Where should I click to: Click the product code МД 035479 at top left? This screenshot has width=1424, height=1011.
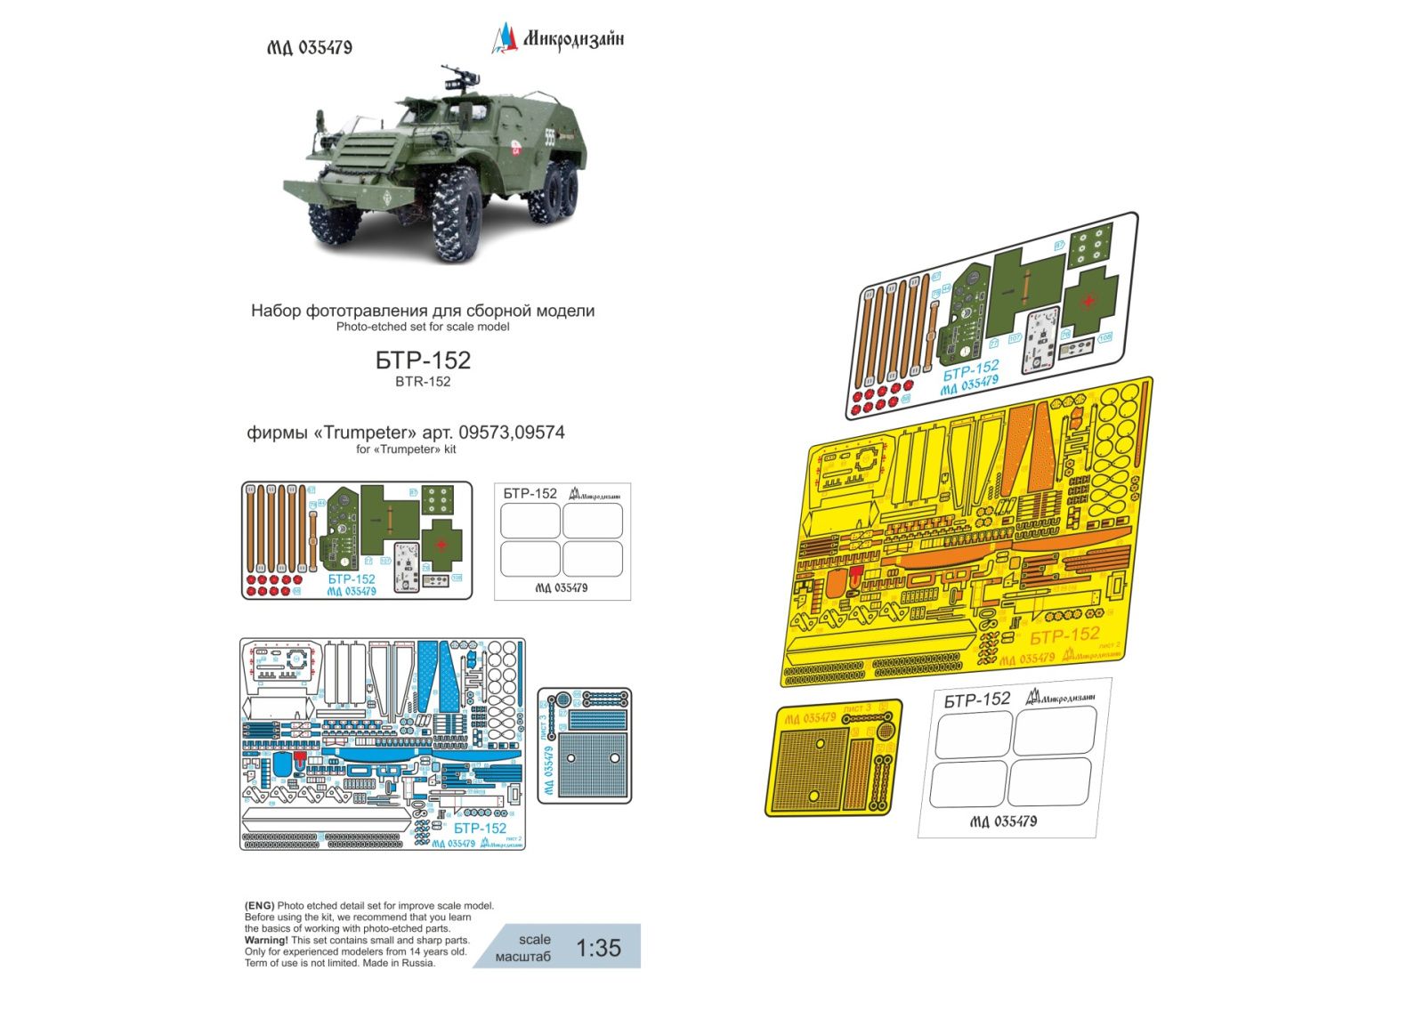tap(310, 48)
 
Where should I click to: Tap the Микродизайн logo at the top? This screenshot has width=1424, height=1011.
tap(559, 38)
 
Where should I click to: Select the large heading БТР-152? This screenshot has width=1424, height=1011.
tap(423, 360)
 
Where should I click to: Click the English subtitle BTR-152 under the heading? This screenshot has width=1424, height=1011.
tap(423, 382)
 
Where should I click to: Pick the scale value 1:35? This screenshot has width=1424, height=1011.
tap(598, 949)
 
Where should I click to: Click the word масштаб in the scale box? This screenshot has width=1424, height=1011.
tap(523, 957)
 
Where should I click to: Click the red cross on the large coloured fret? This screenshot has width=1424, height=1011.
tap(1088, 301)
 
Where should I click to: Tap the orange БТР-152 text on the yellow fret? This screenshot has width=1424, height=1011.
tap(1064, 636)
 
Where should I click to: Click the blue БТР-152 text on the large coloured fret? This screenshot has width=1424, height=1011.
tap(971, 368)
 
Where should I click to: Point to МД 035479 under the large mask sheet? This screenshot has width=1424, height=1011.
tap(1003, 821)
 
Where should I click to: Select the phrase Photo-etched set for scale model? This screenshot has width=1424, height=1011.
tap(423, 327)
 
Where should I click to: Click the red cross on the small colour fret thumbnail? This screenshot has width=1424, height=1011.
tap(442, 543)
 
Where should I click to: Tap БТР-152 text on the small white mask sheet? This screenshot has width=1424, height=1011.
tap(530, 493)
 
